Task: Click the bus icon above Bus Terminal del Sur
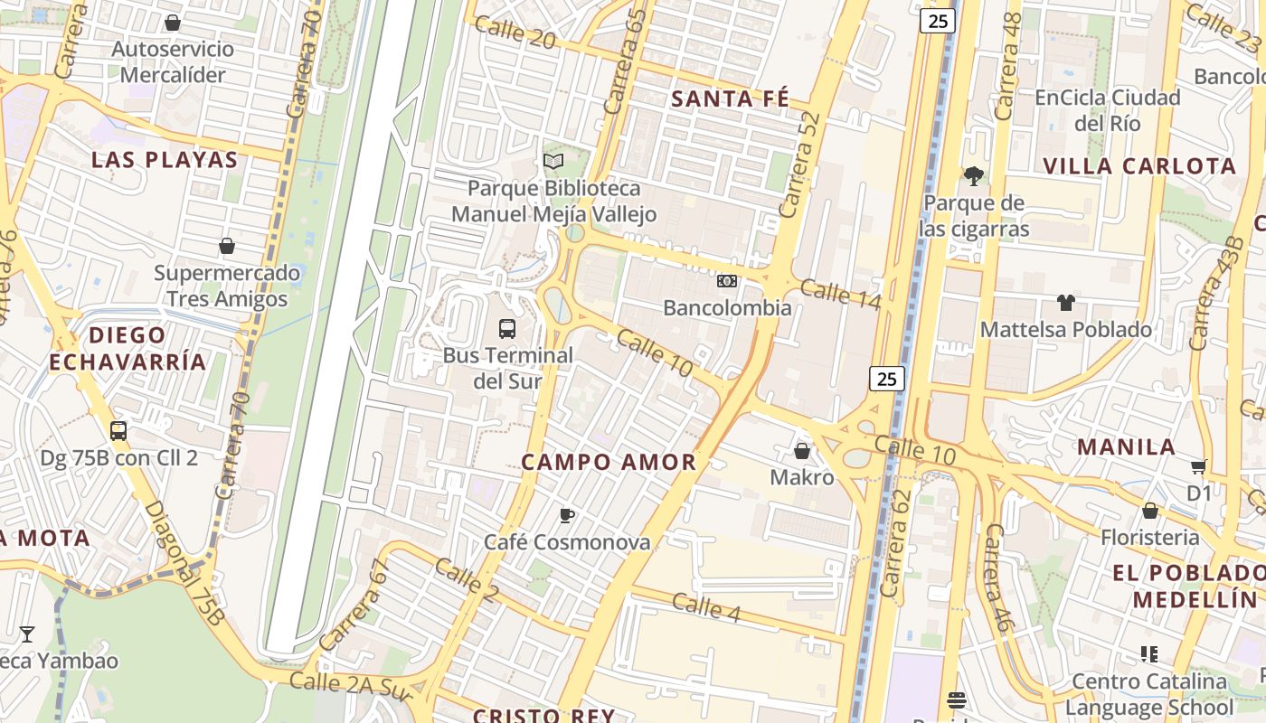coord(507,329)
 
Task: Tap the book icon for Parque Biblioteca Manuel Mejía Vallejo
coord(553,162)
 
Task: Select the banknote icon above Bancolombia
coord(727,281)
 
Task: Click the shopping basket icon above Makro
coord(802,450)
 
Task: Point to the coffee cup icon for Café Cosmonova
coord(567,516)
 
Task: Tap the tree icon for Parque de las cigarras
coord(974,176)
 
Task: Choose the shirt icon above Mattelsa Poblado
coord(1066,303)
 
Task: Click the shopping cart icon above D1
coord(1199,467)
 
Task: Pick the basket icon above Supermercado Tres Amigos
coord(227,246)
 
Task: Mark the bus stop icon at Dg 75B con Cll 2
coord(118,431)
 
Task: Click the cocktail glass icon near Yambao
coord(27,634)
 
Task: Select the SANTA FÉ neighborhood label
coord(731,99)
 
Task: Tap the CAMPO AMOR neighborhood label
coord(609,463)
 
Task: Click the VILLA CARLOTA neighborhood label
coord(1139,166)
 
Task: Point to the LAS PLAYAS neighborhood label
coord(165,161)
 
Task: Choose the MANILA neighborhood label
coord(1126,447)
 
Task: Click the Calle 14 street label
coord(840,295)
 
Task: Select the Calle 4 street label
coord(706,607)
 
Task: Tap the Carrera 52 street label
coord(798,165)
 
